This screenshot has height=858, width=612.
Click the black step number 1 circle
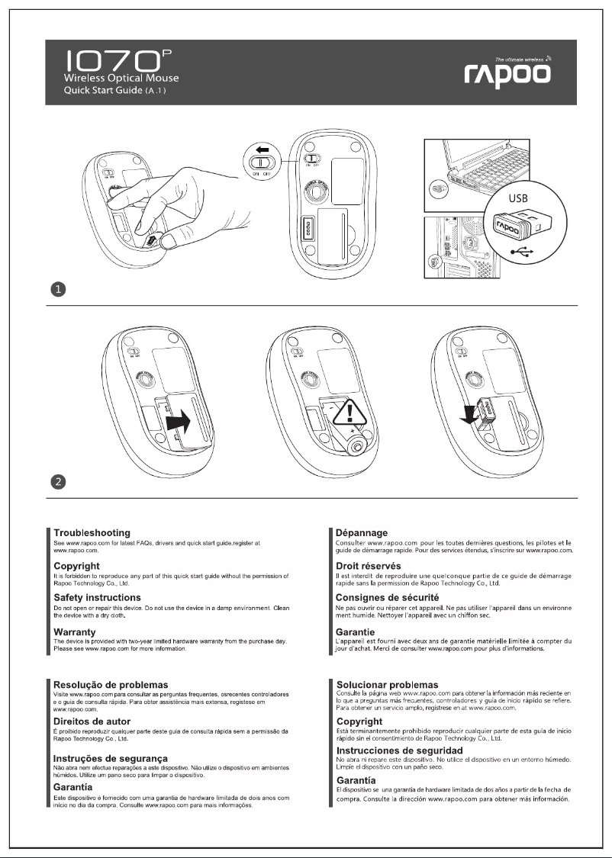click(59, 289)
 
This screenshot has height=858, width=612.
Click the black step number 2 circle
click(59, 481)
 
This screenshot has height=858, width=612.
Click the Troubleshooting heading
click(92, 532)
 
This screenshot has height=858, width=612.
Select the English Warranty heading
click(74, 631)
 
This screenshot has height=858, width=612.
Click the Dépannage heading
click(362, 532)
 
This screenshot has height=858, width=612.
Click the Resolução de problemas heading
click(111, 685)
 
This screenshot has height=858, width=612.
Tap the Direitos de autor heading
click(94, 721)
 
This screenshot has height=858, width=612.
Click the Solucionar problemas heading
click(387, 685)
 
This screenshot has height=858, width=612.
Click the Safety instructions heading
click(97, 597)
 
